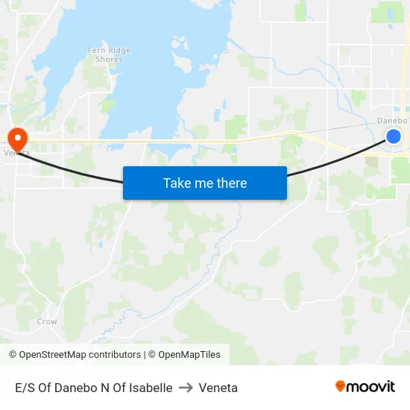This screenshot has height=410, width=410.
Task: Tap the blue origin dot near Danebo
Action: [394, 136]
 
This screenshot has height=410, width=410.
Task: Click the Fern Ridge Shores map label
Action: [109, 54]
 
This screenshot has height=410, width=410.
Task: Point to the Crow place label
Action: [47, 322]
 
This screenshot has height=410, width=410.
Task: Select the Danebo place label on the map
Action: [392, 120]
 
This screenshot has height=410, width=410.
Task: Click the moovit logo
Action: [365, 387]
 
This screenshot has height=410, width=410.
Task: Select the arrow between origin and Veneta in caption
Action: [186, 388]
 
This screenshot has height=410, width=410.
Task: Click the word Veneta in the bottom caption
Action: [218, 388]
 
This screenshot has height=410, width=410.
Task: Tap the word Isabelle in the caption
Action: [150, 388]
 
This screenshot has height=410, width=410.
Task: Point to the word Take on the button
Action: [177, 183]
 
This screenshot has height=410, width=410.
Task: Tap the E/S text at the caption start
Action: [26, 388]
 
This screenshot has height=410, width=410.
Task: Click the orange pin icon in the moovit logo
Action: [341, 386]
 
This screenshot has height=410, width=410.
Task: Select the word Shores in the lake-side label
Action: [110, 60]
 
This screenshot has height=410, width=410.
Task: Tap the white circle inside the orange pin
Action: [16, 135]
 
